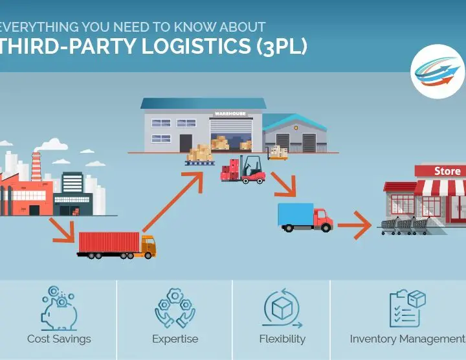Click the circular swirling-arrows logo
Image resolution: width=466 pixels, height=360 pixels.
pyautogui.click(x=438, y=72)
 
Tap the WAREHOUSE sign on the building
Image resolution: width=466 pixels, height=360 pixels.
pyautogui.click(x=230, y=113)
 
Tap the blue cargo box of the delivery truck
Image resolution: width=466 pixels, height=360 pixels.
pyautogui.click(x=296, y=214)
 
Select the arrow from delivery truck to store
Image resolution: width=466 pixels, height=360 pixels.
pyautogui.click(x=354, y=225)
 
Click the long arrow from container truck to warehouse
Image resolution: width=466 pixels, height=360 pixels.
pyautogui.click(x=173, y=202)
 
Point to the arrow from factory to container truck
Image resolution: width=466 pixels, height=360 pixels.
pyautogui.click(x=62, y=231)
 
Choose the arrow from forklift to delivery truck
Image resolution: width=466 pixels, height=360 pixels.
pyautogui.click(x=283, y=185)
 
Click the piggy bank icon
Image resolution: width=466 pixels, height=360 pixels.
pyautogui.click(x=59, y=309)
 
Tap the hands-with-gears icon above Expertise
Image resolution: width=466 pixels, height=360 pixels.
pyautogui.click(x=175, y=308)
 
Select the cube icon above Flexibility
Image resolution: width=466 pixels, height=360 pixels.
pyautogui.click(x=282, y=308)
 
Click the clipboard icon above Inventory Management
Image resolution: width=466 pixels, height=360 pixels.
pyautogui.click(x=408, y=309)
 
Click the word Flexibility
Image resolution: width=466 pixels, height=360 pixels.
pyautogui.click(x=282, y=339)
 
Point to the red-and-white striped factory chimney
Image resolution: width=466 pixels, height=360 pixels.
pyautogui.click(x=36, y=166)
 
